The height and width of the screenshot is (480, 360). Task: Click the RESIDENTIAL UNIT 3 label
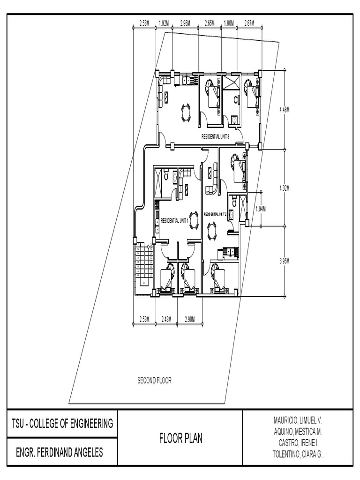point(215,136)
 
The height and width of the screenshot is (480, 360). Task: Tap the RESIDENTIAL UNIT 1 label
point(174,220)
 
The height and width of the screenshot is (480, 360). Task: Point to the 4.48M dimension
point(285,110)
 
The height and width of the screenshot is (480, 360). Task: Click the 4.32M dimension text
point(285,187)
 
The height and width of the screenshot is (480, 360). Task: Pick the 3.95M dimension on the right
point(285,261)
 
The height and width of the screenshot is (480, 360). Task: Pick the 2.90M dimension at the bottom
point(190,319)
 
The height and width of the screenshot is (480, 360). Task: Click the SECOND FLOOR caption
point(154,381)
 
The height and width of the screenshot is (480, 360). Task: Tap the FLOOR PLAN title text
point(180,439)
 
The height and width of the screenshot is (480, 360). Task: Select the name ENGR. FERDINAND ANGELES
point(60,453)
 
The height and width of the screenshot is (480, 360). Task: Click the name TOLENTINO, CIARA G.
point(298,454)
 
